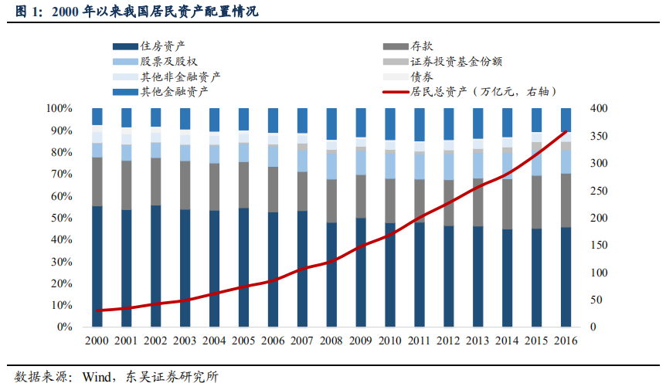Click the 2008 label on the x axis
pos(331,341)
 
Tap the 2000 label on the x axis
pos(97,341)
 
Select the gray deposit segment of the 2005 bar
pos(243,185)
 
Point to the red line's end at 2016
pos(566,131)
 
